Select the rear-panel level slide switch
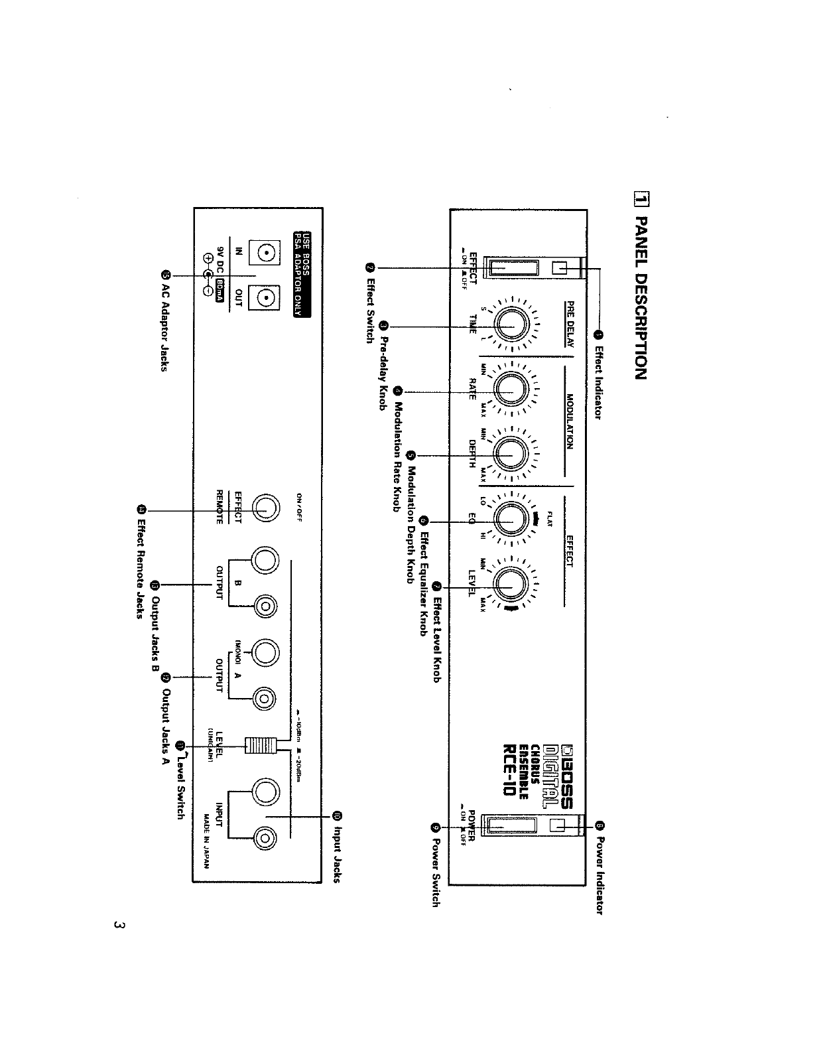[x=259, y=745]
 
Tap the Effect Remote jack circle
[x=264, y=508]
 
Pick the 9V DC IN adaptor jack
[x=264, y=254]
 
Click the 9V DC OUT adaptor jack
[x=264, y=300]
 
